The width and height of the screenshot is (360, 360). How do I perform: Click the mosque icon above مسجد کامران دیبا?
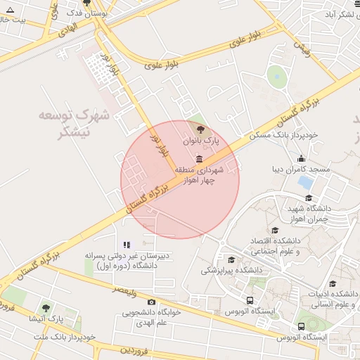click(302, 157)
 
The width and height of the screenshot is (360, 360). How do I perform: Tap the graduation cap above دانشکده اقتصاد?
click(275, 230)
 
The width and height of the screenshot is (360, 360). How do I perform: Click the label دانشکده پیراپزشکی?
click(232, 270)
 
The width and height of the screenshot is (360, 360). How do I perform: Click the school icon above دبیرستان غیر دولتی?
click(127, 245)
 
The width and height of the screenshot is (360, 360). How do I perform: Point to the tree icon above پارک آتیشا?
click(46, 308)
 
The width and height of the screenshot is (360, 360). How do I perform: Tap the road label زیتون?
click(301, 47)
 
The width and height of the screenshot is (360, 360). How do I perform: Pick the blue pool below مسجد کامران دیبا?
click(306, 182)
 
